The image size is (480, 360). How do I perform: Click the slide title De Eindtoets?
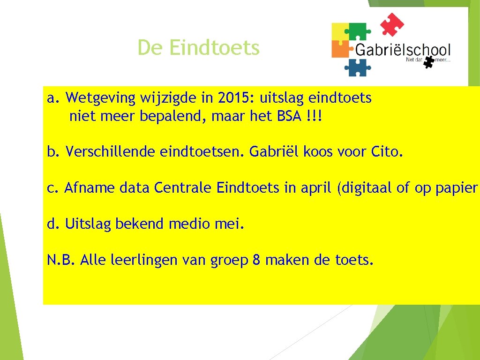198,48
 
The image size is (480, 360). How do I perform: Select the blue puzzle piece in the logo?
358,67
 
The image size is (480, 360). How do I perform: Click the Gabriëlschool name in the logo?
402,50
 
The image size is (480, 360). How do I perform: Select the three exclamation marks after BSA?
313,116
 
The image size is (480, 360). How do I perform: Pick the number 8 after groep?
256,260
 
